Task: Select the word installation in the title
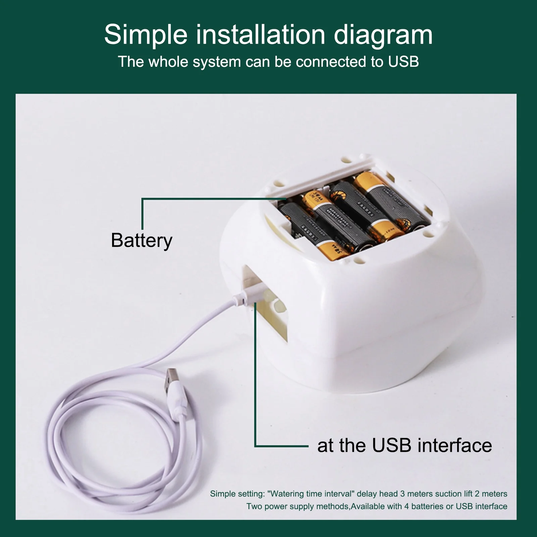(260, 35)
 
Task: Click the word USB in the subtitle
(403, 62)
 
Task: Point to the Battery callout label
(141, 240)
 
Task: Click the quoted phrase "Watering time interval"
(311, 494)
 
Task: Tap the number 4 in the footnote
(406, 506)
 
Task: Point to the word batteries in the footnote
(427, 506)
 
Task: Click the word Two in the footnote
(254, 506)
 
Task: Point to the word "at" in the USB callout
(326, 445)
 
